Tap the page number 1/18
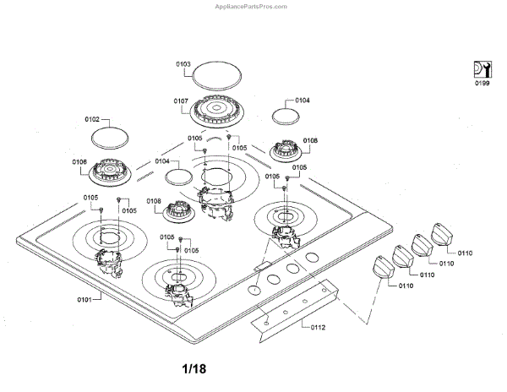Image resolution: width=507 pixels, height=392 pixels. pos(194,369)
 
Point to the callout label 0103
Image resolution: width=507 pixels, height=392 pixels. pos(183,63)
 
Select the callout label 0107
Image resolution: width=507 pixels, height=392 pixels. pos(181,101)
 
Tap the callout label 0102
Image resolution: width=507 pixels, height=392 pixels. pos(93,119)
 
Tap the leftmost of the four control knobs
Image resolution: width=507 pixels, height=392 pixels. pos(385,270)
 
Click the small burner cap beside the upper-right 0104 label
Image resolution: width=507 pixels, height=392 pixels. pos(284,117)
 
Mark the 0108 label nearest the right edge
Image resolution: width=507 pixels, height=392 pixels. pos(310,140)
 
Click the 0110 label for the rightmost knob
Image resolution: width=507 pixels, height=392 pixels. pos(466,252)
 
